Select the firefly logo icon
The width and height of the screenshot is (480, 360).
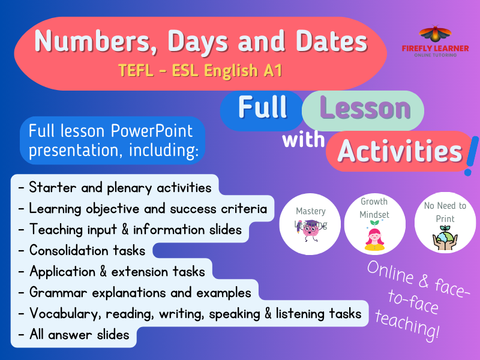click(429, 34)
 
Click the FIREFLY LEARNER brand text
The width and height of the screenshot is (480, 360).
click(430, 48)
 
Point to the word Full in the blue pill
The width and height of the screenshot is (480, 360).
click(262, 107)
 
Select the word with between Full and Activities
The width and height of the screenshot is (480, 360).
click(304, 140)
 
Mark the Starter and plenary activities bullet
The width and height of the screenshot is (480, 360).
click(115, 187)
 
